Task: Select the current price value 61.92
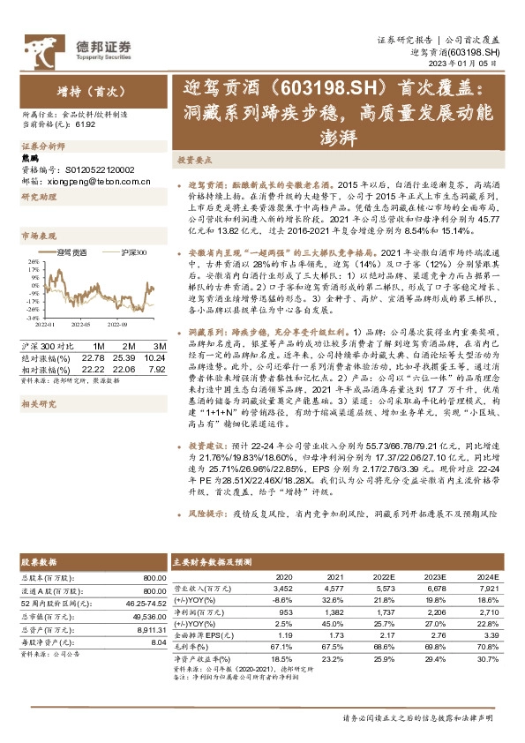86,124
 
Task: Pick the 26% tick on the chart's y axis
33,262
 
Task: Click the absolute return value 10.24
154,357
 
